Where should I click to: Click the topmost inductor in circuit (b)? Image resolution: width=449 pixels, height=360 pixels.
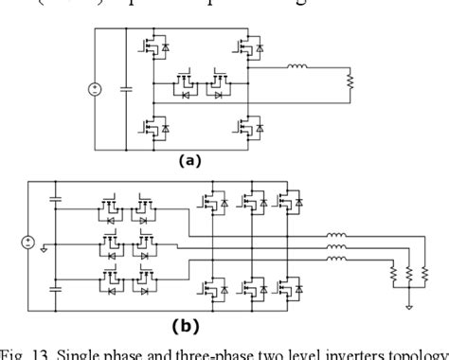point(334,236)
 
